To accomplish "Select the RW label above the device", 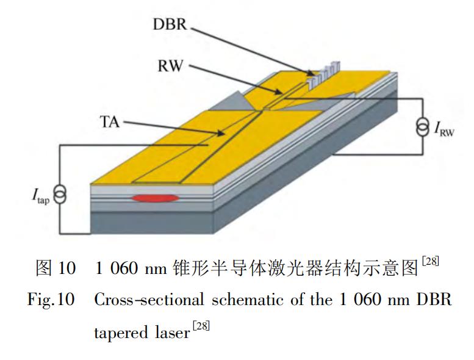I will click(170, 65).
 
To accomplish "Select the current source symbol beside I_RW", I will click(422, 129).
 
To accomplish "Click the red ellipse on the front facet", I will click(155, 198).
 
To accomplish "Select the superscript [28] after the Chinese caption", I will click(429, 262).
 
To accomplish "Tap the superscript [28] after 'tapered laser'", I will click(201, 326).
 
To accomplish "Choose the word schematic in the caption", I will click(247, 301).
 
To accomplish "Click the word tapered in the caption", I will click(118, 333).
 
